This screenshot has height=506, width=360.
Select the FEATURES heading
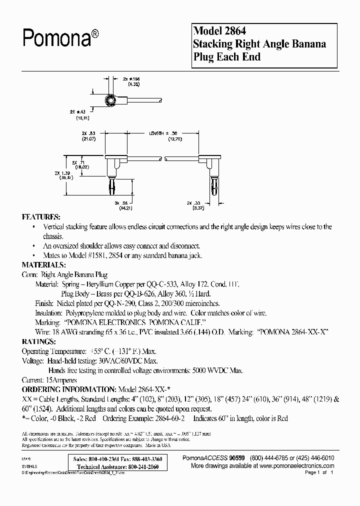coord(41,218)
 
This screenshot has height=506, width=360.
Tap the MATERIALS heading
coord(44,265)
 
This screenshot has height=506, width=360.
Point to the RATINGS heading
coord(38,341)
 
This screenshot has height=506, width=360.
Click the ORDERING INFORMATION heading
coord(68,389)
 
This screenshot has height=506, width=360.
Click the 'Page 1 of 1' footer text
coord(318,472)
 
